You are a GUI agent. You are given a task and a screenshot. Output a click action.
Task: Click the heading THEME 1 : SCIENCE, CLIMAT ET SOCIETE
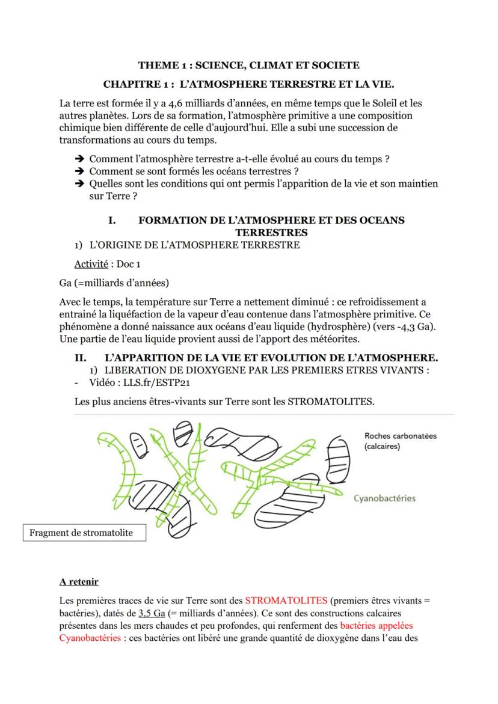(x=248, y=65)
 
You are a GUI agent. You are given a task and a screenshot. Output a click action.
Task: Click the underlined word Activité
(x=91, y=264)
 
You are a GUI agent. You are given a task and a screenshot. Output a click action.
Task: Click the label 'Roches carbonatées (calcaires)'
(x=400, y=441)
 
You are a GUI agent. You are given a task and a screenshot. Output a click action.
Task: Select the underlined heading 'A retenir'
(x=79, y=581)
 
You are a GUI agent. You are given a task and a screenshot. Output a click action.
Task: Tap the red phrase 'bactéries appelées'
(x=377, y=625)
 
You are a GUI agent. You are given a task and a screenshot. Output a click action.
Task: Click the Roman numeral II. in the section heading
(x=81, y=358)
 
